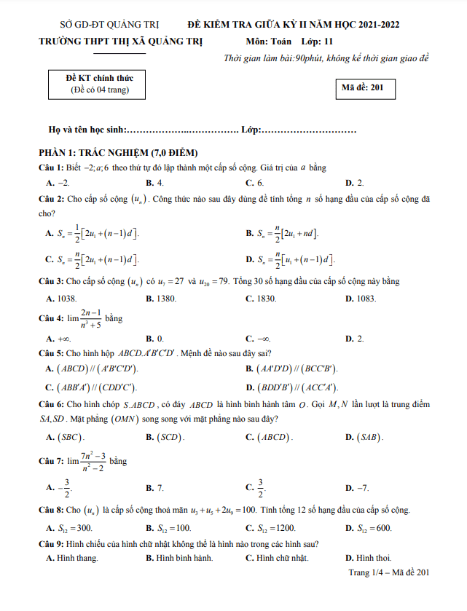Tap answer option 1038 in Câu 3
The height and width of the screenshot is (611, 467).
coord(60,299)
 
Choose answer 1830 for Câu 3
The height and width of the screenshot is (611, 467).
coord(259,299)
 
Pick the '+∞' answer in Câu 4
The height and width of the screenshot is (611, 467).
coord(58,339)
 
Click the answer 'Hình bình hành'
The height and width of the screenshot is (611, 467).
coord(179,558)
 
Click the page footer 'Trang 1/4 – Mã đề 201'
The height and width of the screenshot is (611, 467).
coord(389,572)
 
